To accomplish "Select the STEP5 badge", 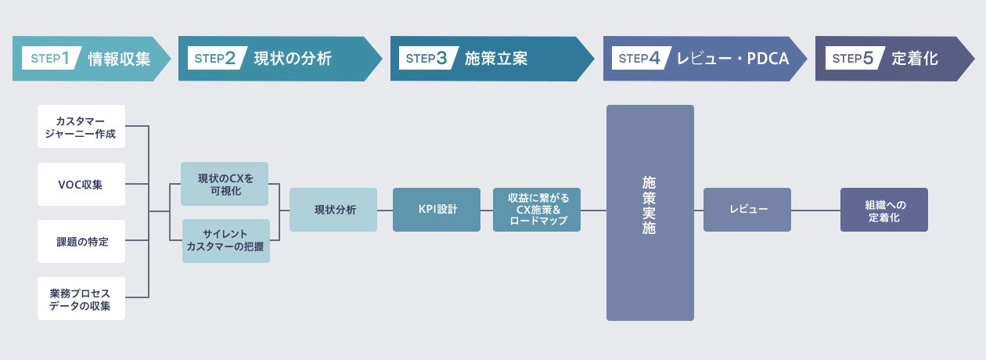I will [x=852, y=58].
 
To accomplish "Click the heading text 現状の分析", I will [x=293, y=58].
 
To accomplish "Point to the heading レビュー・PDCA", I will [x=732, y=58].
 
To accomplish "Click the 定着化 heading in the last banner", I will [x=915, y=58].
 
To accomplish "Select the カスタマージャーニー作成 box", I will [x=81, y=127].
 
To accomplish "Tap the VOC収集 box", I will [x=81, y=185].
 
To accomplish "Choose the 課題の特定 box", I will [x=81, y=242].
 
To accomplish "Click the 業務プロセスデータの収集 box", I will [x=81, y=298].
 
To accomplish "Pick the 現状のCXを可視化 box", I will [x=225, y=184].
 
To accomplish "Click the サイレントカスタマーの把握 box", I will [x=225, y=241].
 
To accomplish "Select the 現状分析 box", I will [x=333, y=210].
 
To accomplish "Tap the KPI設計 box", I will [x=437, y=210].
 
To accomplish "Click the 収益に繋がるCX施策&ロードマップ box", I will [x=537, y=210].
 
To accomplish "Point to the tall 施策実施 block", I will [x=650, y=213].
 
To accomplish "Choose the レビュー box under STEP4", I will [x=747, y=210].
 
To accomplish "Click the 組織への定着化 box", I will [x=884, y=210].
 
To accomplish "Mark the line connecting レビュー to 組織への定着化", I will [x=815, y=210].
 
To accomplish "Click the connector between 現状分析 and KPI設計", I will [x=385, y=210].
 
